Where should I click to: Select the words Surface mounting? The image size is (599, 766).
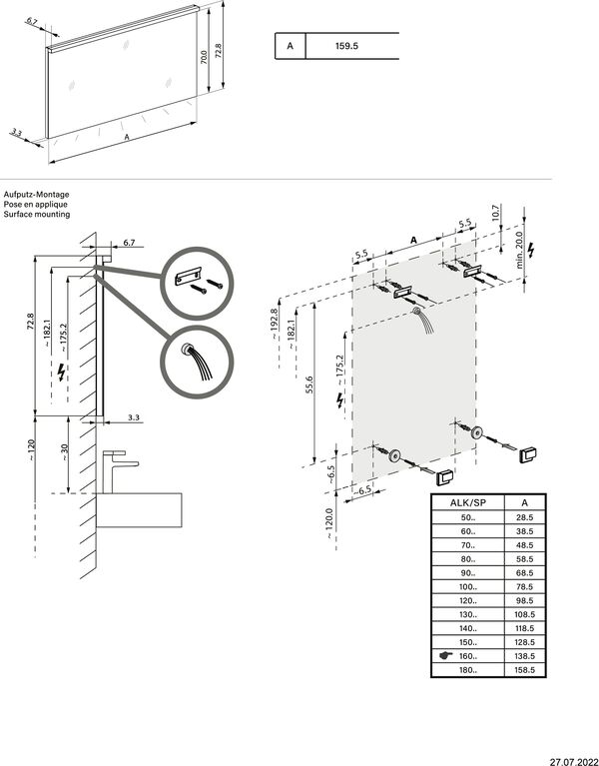tap(37, 215)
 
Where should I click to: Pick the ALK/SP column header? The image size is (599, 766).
tap(466, 503)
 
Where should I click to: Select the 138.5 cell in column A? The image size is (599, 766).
tap(525, 656)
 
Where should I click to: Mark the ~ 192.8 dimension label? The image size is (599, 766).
tap(276, 321)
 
